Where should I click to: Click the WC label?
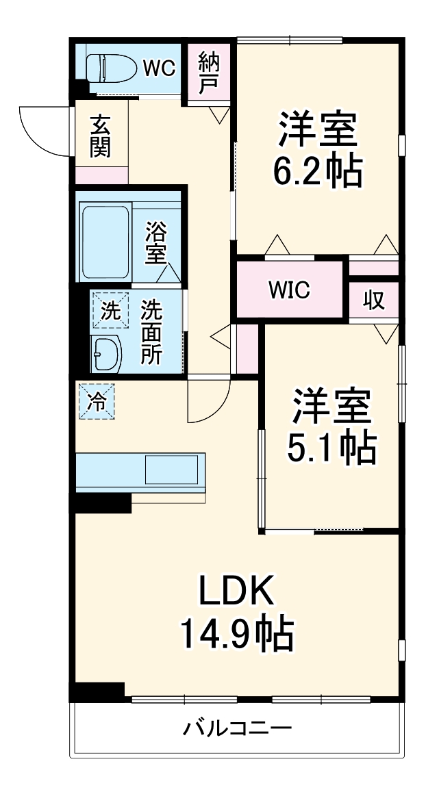pyautogui.click(x=160, y=67)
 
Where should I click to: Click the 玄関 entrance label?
pyautogui.click(x=100, y=136)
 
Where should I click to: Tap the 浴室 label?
pyautogui.click(x=155, y=243)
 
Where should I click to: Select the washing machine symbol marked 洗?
pyautogui.click(x=110, y=310)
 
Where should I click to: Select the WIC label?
pyautogui.click(x=289, y=290)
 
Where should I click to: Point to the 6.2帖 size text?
pyautogui.click(x=317, y=173)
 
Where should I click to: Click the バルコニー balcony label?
pyautogui.click(x=237, y=728)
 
